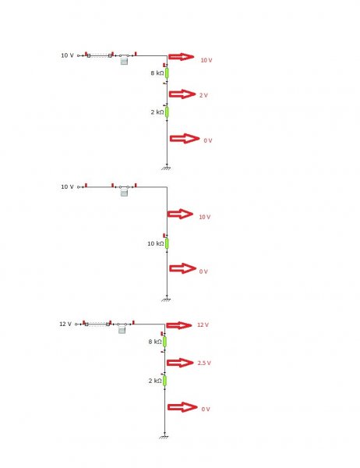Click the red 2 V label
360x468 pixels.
click(203, 95)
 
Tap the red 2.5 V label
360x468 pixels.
click(204, 363)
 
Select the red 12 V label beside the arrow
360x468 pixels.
click(203, 324)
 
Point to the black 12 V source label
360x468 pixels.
click(65, 324)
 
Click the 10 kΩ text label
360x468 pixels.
click(155, 243)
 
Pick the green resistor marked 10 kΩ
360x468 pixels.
click(167, 243)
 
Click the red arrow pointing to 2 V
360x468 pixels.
click(182, 94)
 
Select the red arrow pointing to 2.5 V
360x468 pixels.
click(180, 363)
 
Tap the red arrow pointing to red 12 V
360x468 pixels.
click(179, 325)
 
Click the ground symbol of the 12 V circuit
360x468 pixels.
click(164, 437)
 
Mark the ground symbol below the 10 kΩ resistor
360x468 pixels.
click(167, 300)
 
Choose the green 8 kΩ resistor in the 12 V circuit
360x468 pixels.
click(164, 342)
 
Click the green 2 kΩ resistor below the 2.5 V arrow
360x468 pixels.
click(164, 381)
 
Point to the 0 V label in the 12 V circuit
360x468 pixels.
click(206, 409)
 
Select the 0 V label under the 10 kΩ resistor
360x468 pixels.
click(203, 271)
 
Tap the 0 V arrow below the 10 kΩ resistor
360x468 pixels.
click(183, 268)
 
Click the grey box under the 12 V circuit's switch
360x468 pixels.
click(122, 330)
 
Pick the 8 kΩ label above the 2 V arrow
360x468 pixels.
click(157, 73)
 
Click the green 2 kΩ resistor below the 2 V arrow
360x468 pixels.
click(167, 112)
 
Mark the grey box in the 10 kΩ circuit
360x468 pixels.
click(124, 193)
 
